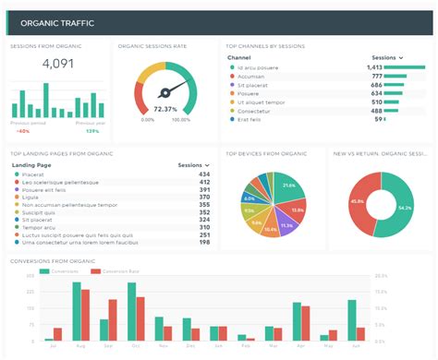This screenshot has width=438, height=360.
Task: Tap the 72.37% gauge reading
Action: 166,108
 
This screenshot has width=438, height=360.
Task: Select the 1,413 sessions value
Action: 374,67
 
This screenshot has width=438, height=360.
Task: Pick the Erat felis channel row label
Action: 249,119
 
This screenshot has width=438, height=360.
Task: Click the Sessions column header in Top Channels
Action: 385,57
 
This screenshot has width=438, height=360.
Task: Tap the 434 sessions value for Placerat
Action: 203,174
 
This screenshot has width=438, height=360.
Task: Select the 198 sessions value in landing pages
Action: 203,242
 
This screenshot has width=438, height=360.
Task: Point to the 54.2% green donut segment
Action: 403,208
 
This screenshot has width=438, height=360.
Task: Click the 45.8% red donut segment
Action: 357,201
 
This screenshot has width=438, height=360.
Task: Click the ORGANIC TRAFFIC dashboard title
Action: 54,22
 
